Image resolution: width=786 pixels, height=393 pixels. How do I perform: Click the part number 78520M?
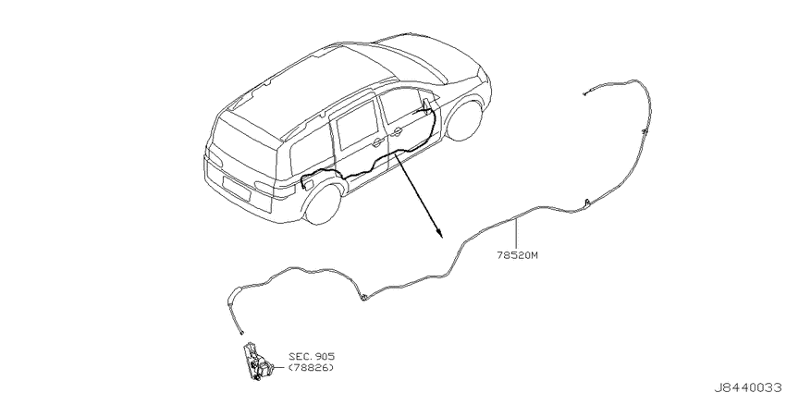point(517,254)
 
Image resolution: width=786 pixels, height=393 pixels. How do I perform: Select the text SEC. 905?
point(312,356)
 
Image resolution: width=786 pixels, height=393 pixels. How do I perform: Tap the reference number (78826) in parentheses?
point(311,368)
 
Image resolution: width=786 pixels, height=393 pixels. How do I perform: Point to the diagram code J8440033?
point(751,387)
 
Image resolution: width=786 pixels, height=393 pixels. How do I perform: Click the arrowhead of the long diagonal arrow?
point(438,233)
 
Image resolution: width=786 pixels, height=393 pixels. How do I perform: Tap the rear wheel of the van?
point(324,203)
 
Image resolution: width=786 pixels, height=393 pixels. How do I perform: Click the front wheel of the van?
point(464,120)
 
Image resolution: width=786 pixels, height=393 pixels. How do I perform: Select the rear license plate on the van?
point(235,187)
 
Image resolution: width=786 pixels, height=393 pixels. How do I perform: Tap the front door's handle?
point(397,133)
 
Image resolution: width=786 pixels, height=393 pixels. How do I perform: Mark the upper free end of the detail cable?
point(584,93)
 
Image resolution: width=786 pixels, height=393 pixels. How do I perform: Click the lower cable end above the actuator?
point(242,332)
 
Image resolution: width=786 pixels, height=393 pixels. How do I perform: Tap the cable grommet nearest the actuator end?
point(362,297)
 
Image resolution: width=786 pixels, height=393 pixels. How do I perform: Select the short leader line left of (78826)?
point(280,368)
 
